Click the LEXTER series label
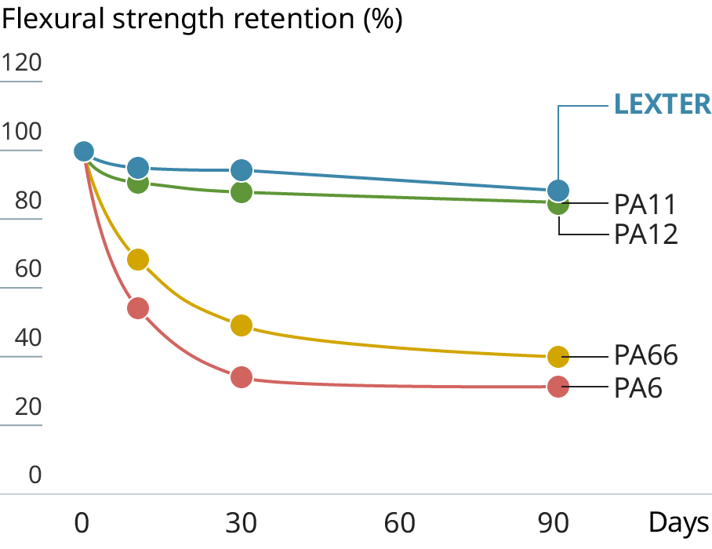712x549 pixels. point(662,104)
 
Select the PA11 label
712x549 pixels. point(645,205)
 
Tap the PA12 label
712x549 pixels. point(645,234)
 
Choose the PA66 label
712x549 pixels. point(645,355)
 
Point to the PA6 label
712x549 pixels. point(638,387)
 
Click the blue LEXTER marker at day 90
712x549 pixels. point(558,190)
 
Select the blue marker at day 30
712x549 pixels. point(242,170)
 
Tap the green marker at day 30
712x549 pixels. point(242,191)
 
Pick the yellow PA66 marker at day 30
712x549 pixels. point(242,325)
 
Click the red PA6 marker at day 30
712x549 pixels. point(242,377)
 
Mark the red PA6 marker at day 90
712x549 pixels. point(558,387)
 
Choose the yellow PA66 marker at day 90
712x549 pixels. point(558,357)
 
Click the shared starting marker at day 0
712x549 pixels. point(83,151)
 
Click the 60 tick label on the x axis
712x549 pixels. point(400,522)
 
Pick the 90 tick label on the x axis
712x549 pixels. point(558,522)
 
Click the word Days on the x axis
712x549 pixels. point(679,522)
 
